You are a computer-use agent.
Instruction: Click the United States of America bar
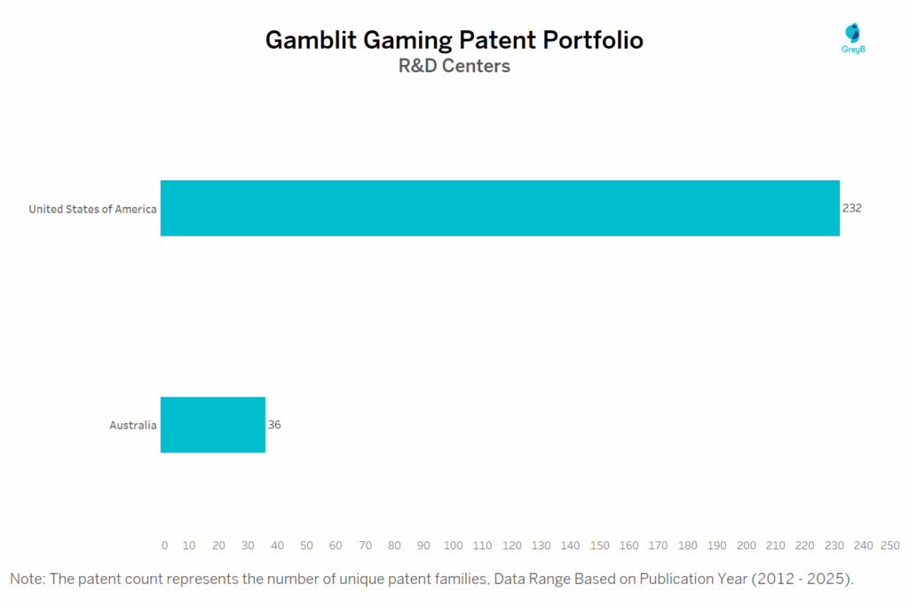tap(500, 208)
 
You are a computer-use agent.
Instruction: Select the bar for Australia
tap(213, 425)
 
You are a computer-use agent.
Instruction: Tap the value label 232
tap(852, 208)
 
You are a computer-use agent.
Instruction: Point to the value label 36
tap(274, 425)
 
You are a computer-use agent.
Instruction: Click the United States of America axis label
tap(92, 209)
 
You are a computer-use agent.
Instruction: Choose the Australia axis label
tap(133, 425)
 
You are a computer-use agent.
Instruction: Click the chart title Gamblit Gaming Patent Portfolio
tap(454, 40)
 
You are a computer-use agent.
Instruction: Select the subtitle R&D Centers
tap(454, 66)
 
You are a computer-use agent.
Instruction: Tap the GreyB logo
tap(852, 38)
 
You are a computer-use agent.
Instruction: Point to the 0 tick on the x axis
tap(164, 545)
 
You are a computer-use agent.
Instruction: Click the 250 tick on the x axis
tap(889, 545)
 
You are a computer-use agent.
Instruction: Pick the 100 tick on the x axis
tap(454, 545)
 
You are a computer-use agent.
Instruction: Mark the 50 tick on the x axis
tap(307, 545)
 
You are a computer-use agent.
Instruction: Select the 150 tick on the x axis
tap(600, 545)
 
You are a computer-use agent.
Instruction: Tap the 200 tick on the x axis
tap(747, 545)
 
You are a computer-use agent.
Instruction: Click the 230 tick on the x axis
tap(834, 545)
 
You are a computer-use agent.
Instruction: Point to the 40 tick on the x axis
tap(278, 545)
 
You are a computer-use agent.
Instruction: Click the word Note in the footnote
tap(27, 579)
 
